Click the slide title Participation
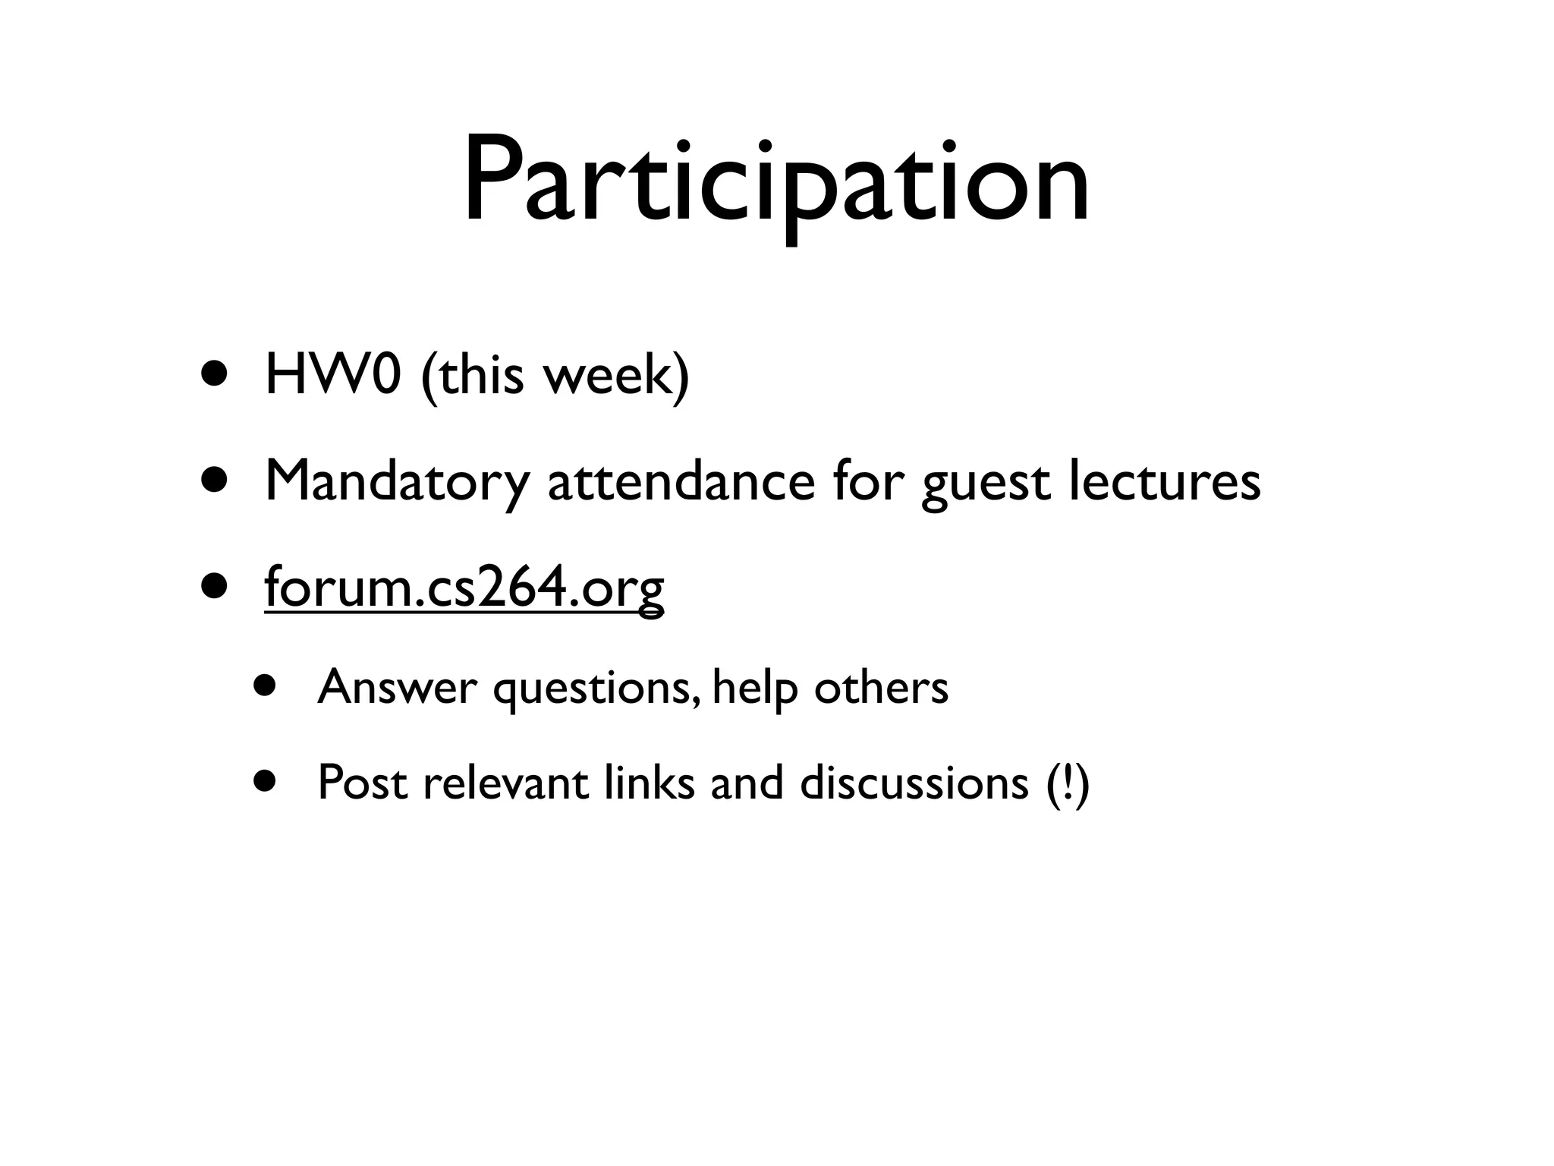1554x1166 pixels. tap(775, 182)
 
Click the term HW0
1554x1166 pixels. tap(332, 375)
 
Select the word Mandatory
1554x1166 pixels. tap(396, 483)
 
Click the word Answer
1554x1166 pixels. tap(397, 688)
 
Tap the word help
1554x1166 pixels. tap(754, 688)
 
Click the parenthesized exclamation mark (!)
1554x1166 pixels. tap(1067, 783)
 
